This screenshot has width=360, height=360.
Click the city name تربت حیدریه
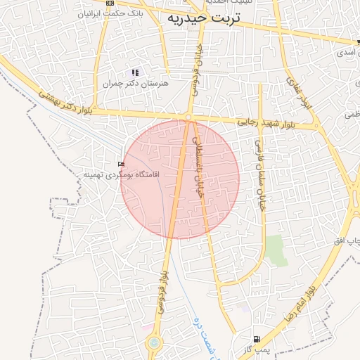(x=204, y=20)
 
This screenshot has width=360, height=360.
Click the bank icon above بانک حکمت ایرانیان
(x=110, y=4)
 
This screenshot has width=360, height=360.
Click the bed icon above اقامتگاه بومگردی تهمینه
(x=122, y=164)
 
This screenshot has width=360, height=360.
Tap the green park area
(x=276, y=250)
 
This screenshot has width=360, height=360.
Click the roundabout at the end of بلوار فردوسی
(x=153, y=344)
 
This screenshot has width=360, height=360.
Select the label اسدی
(x=346, y=53)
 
